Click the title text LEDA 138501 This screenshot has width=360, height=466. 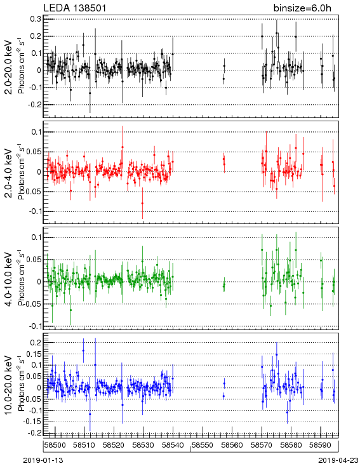point(75,8)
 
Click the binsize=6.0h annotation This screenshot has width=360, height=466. point(302,8)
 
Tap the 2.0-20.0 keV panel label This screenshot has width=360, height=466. point(9,67)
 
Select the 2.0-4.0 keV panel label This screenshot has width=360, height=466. point(9,173)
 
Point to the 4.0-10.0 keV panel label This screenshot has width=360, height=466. point(9,279)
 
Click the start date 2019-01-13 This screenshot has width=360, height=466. point(43,460)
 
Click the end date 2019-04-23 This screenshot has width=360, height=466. point(338,460)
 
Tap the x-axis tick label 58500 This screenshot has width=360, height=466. point(55,445)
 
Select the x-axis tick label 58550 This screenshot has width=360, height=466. point(203,445)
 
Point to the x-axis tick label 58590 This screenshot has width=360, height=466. point(321,445)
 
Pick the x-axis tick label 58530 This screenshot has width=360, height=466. point(143,445)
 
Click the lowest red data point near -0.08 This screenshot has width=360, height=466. point(142,203)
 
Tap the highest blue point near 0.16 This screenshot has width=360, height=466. point(83,350)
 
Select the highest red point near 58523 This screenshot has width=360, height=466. point(123,147)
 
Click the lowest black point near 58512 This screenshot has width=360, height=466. point(90,93)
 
